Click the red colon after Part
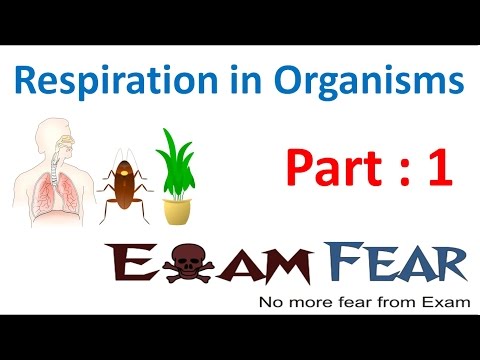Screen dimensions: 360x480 point(397,170)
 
